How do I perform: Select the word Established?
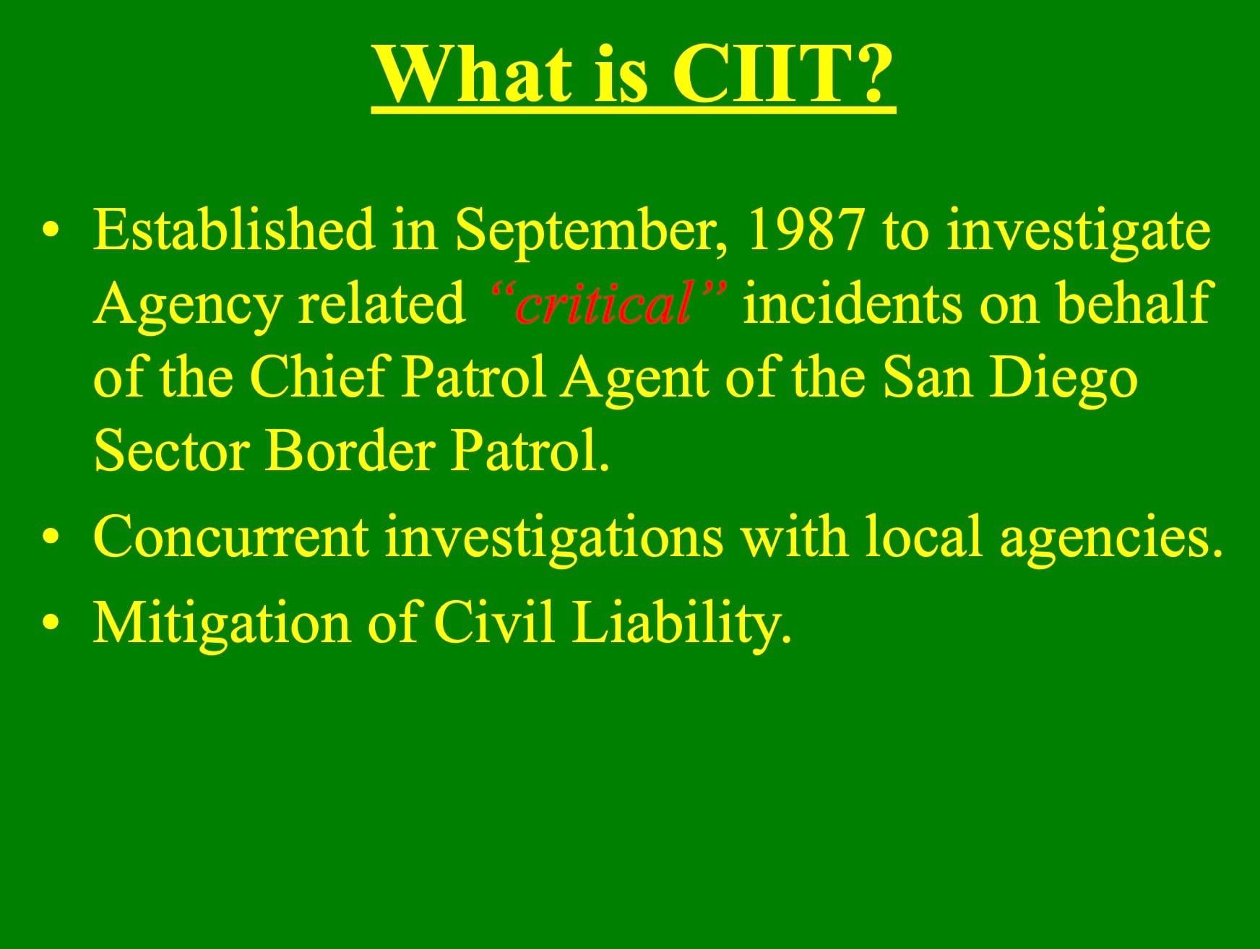point(234,229)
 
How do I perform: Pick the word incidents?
point(852,303)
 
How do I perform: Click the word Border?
point(350,450)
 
